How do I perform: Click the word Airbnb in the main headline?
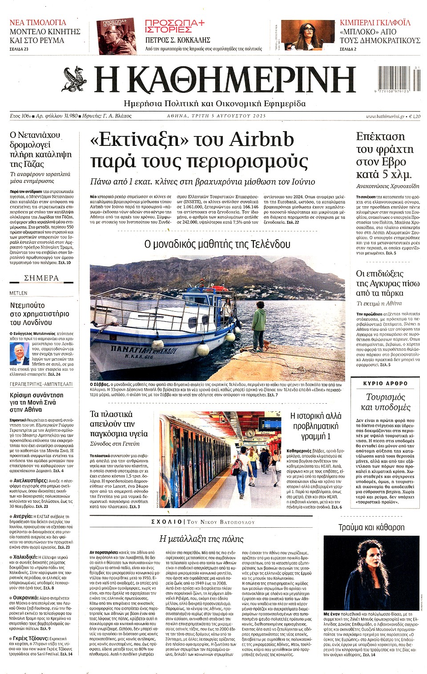click(262, 140)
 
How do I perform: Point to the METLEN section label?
click(19, 293)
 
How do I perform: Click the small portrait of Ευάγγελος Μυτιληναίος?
click(19, 354)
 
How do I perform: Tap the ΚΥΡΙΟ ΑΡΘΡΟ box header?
click(385, 383)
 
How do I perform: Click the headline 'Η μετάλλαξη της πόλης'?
click(201, 539)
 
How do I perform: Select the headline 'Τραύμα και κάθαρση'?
click(371, 527)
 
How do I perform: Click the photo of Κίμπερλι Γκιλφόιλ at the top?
click(307, 35)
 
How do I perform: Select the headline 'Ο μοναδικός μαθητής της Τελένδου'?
click(218, 244)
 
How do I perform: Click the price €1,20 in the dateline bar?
click(415, 116)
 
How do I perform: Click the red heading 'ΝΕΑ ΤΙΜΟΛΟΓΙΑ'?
click(38, 22)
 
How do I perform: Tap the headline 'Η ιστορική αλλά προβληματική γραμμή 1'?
click(316, 426)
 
